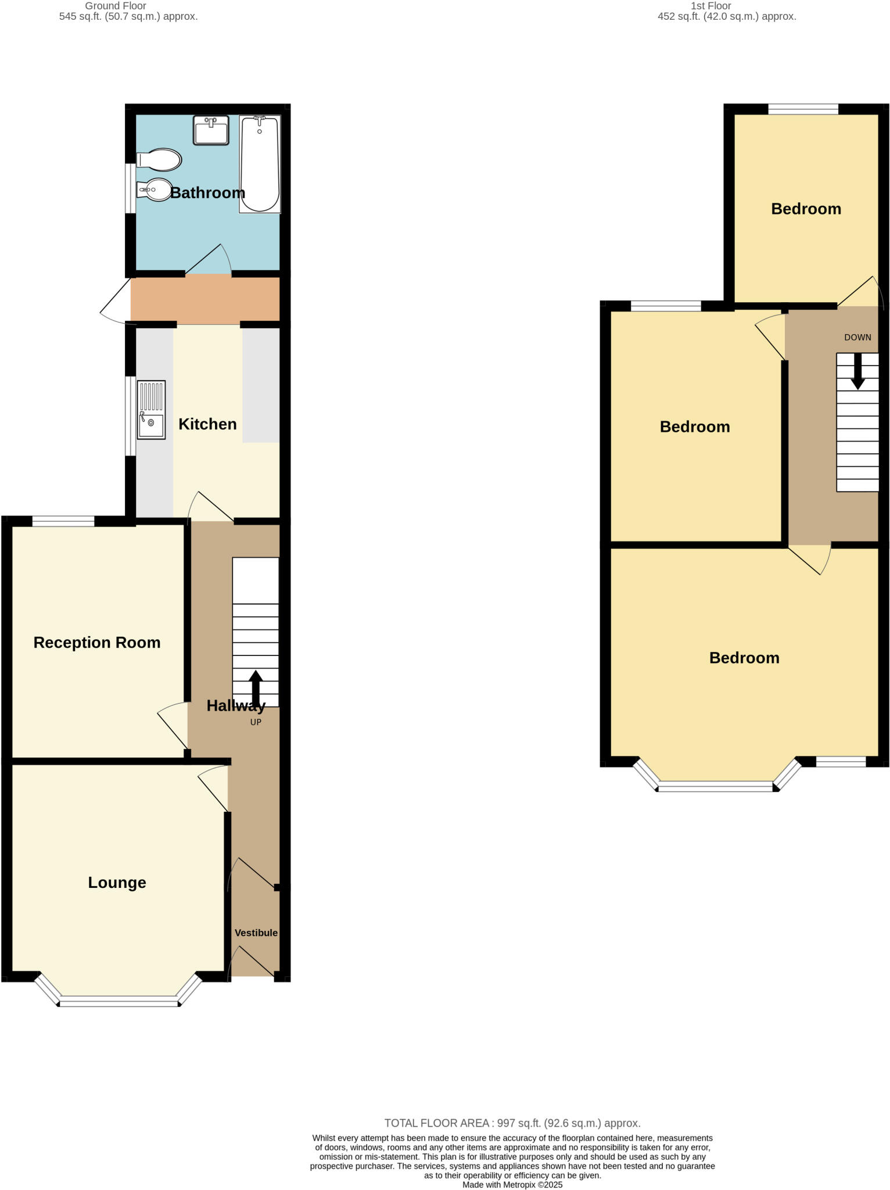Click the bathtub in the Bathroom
click(260, 164)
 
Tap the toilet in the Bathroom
click(159, 159)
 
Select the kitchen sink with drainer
click(151, 410)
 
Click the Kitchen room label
click(207, 424)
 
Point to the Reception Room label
click(97, 643)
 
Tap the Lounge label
click(117, 883)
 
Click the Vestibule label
click(256, 933)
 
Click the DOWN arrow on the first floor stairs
click(857, 372)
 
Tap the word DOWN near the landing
click(857, 338)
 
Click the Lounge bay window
click(119, 1001)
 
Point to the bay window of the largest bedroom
click(716, 787)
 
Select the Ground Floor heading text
click(116, 6)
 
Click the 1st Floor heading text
click(710, 6)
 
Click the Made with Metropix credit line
click(512, 1185)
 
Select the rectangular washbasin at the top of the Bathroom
click(211, 130)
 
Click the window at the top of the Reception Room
click(63, 521)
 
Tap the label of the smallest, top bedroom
click(806, 209)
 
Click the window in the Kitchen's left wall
click(131, 416)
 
